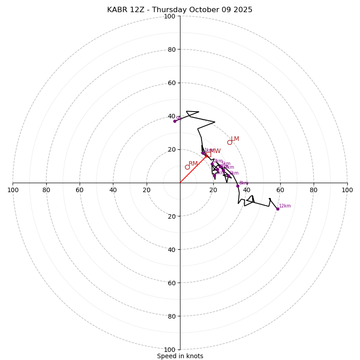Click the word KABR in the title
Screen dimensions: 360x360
[117, 10]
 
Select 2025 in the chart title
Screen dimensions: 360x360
[243, 10]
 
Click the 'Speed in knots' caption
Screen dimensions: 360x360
[180, 356]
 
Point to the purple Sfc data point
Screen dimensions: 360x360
[175, 121]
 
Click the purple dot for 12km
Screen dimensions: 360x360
[278, 209]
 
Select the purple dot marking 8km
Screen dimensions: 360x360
[238, 186]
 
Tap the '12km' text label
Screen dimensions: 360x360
[285, 206]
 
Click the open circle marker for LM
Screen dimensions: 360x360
[229, 142]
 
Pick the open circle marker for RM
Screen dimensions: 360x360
[187, 167]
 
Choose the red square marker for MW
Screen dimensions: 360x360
[208, 154]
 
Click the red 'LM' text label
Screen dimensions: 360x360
[235, 139]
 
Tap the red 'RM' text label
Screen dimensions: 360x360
[193, 164]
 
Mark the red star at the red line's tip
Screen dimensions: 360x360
[207, 156]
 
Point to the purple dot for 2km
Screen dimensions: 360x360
[212, 164]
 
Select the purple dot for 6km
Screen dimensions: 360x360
[228, 176]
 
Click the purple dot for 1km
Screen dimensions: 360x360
[203, 153]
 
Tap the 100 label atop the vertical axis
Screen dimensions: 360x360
[170, 16]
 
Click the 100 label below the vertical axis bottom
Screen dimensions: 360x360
[170, 349]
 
